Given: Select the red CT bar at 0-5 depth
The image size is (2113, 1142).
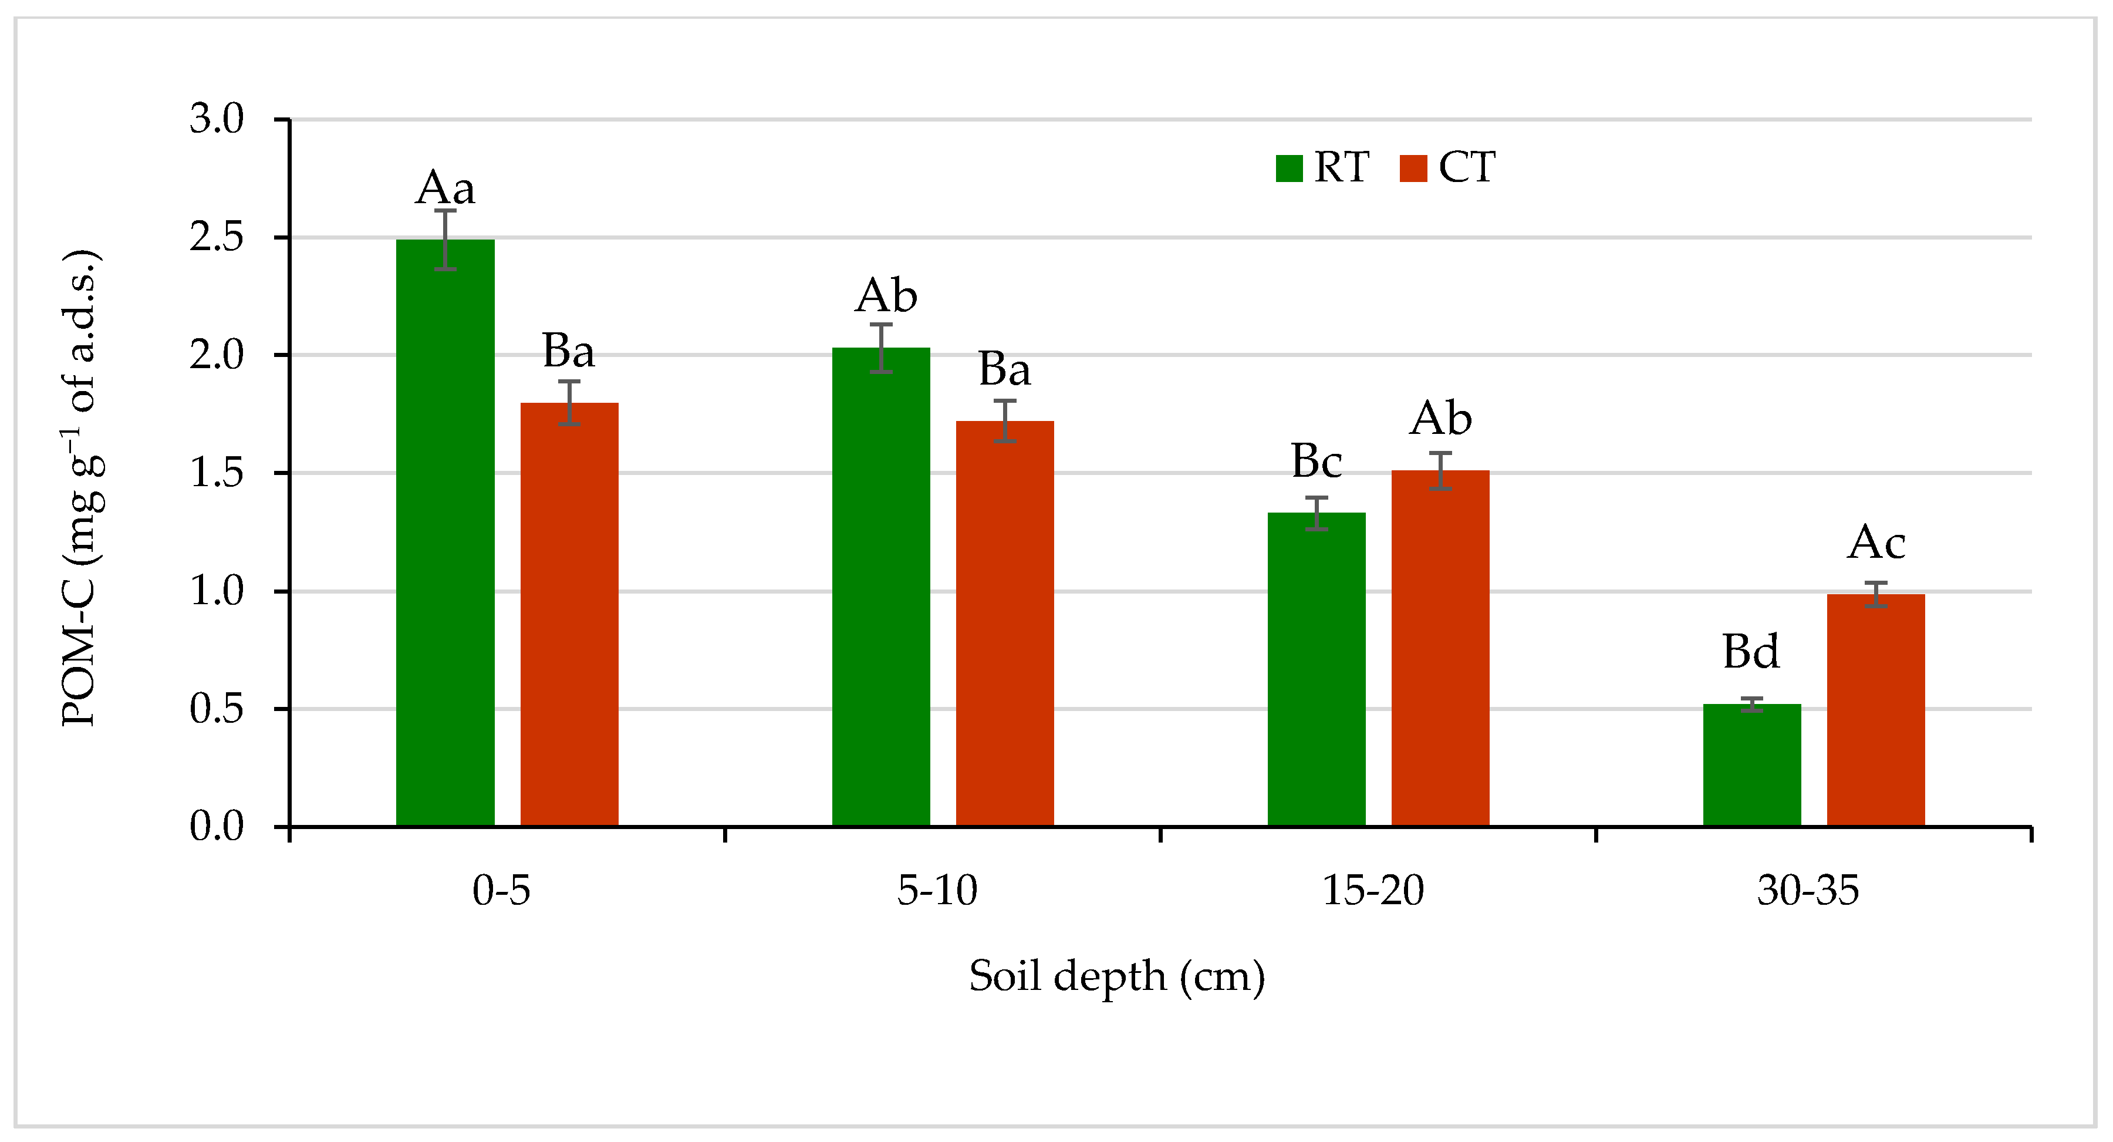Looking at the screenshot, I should point(569,615).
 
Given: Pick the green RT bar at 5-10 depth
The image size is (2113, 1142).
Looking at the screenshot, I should point(881,587).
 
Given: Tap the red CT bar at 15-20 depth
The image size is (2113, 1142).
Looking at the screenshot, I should point(1440,648).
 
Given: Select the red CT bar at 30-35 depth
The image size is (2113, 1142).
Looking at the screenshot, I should point(1876,710).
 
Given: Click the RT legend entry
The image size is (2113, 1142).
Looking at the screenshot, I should point(1323,167).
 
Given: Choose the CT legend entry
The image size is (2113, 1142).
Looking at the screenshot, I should point(1448,167).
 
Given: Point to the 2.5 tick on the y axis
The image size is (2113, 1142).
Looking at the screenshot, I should point(217,237).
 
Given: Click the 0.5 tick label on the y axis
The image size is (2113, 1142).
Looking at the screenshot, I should point(217,709).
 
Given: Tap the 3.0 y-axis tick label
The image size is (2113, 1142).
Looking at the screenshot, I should point(217,119).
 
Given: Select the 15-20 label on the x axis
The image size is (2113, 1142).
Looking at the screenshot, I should point(1373,890).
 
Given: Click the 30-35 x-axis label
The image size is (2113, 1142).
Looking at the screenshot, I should point(1808,890).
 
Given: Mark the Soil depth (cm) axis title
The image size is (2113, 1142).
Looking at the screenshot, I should point(1117,975).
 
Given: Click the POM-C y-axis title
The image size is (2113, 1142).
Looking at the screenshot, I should point(82,488).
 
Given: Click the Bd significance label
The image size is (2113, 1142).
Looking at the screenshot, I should point(1750,652).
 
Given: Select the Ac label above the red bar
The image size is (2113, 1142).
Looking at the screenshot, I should point(1876,543).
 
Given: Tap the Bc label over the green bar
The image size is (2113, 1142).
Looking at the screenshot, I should point(1317,461).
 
